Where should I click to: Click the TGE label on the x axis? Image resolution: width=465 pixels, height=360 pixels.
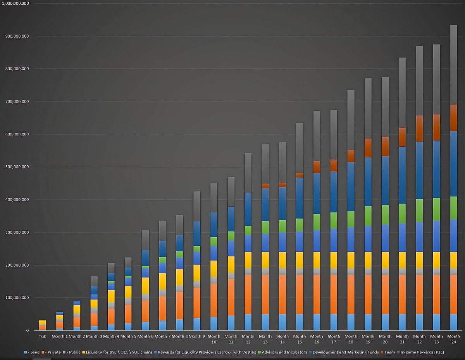point(42,336)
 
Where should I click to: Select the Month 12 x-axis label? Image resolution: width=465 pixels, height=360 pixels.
point(248,339)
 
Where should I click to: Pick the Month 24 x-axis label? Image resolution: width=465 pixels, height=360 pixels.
point(453,339)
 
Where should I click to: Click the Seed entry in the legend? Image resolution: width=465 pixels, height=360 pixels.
point(33,353)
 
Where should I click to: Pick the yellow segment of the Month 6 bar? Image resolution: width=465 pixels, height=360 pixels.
point(145,286)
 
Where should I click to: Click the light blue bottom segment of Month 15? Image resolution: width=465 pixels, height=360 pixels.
point(300,322)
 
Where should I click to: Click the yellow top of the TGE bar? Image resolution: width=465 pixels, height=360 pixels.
point(42,322)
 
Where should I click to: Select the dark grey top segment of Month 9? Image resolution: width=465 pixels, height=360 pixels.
point(196,206)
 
